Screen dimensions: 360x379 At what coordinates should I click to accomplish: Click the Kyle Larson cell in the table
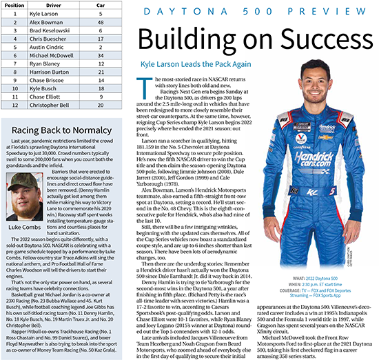click(x=46, y=14)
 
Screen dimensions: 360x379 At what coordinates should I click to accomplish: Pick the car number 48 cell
click(x=101, y=23)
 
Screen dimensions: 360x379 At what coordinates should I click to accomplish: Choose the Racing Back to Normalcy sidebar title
click(x=61, y=149)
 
